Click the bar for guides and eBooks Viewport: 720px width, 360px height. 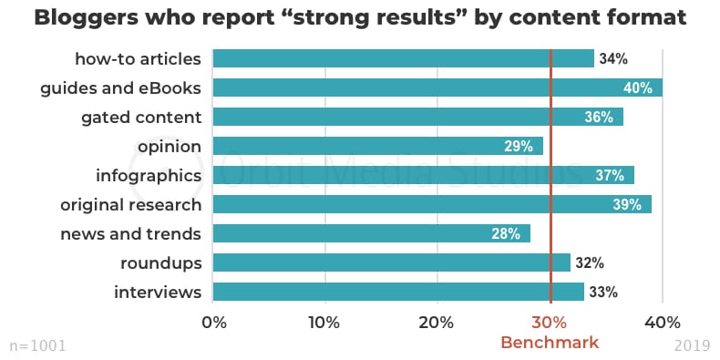[437, 87]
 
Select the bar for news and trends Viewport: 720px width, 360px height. [371, 233]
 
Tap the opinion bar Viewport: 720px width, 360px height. [377, 146]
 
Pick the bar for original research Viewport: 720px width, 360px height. [432, 204]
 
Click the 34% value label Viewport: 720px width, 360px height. [613, 58]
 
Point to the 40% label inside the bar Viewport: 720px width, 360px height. [637, 87]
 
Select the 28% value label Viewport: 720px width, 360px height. [505, 233]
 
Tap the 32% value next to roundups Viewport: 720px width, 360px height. [590, 262]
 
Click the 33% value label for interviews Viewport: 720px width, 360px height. [602, 292]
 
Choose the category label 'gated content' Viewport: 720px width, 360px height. [140, 117]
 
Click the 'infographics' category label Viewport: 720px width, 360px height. [148, 175]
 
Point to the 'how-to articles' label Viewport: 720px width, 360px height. [138, 58]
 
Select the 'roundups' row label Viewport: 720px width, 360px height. [160, 262]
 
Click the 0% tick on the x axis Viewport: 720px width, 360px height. [213, 322]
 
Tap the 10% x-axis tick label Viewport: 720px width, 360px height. [324, 322]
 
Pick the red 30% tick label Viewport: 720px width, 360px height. [550, 322]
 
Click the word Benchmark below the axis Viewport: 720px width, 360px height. [550, 343]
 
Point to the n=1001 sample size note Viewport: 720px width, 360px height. [37, 346]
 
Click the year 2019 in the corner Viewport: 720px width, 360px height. [692, 346]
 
